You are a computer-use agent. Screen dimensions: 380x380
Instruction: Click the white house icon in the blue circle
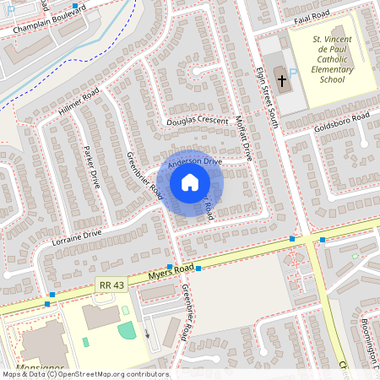[190, 182]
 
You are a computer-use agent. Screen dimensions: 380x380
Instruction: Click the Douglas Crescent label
[197, 122]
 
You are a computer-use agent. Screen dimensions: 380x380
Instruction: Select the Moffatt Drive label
[244, 138]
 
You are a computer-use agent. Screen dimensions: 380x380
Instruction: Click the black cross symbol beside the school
[281, 86]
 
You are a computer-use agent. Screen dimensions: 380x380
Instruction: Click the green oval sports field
[127, 330]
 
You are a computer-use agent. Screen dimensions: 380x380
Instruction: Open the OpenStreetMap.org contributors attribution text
[111, 374]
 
